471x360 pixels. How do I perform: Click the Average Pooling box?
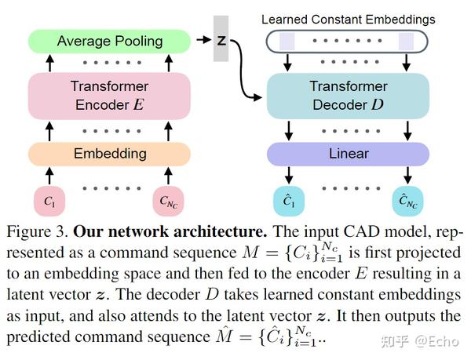point(109,41)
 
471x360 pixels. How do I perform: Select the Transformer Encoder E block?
point(109,95)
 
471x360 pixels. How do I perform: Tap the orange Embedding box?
point(109,154)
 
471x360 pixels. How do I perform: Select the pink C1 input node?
point(49,202)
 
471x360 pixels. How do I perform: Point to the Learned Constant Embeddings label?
point(348,18)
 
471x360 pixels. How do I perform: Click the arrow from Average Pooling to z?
point(202,39)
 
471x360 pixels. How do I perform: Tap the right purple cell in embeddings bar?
point(405,41)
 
